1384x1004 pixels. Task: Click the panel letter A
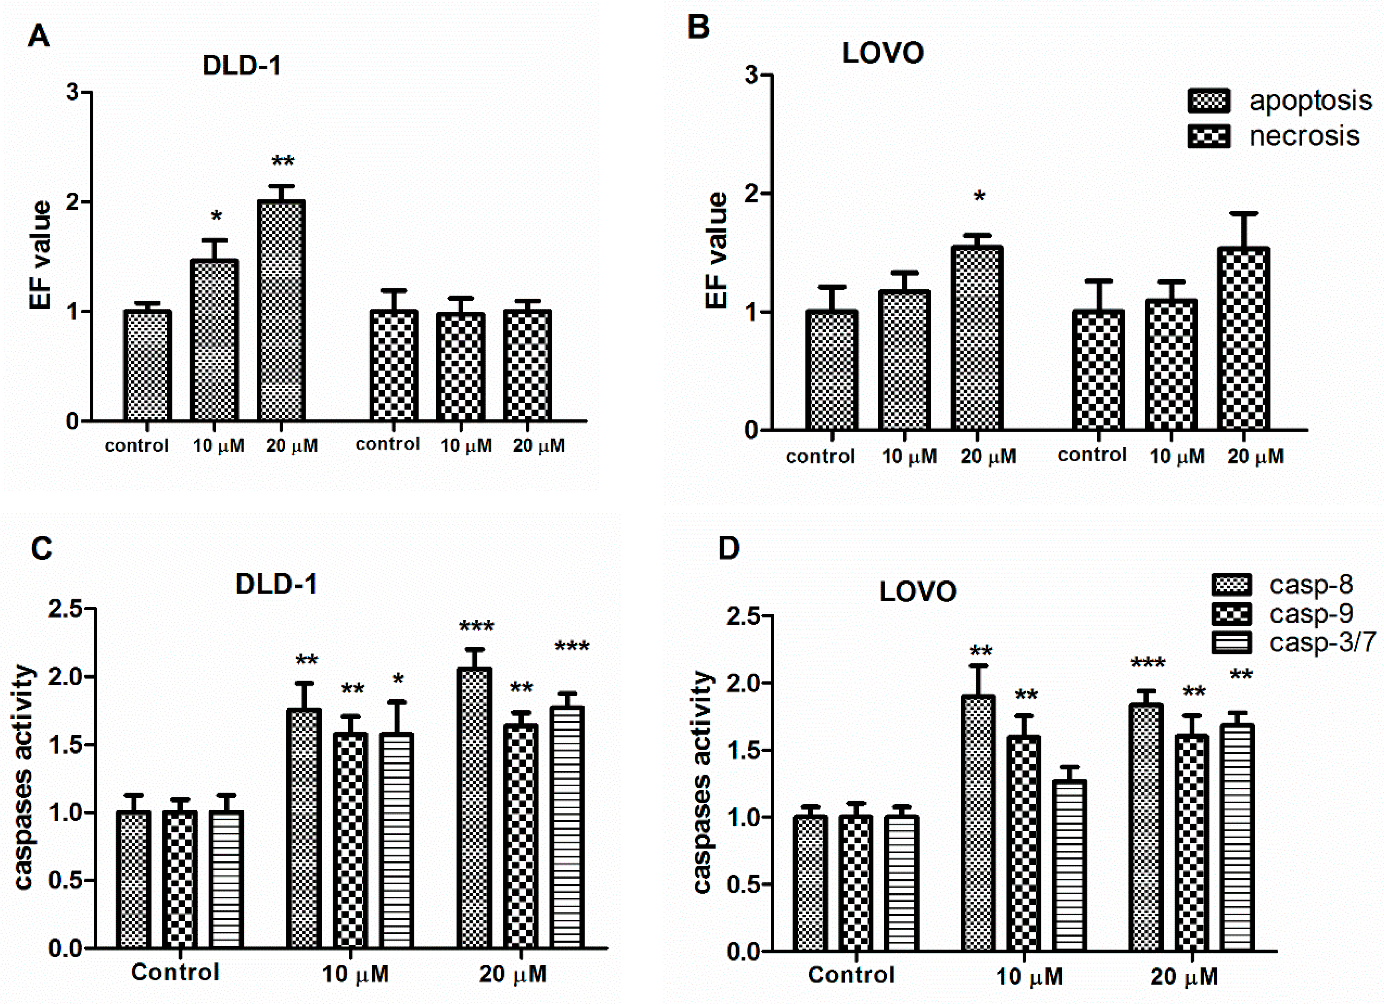[38, 37]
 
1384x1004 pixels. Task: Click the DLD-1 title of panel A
[242, 65]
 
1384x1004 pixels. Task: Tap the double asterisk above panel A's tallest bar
[282, 162]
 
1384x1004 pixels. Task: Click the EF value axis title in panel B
[717, 250]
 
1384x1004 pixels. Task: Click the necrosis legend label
[1304, 136]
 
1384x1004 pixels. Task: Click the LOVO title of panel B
[883, 54]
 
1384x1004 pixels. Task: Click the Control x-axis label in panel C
[175, 972]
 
